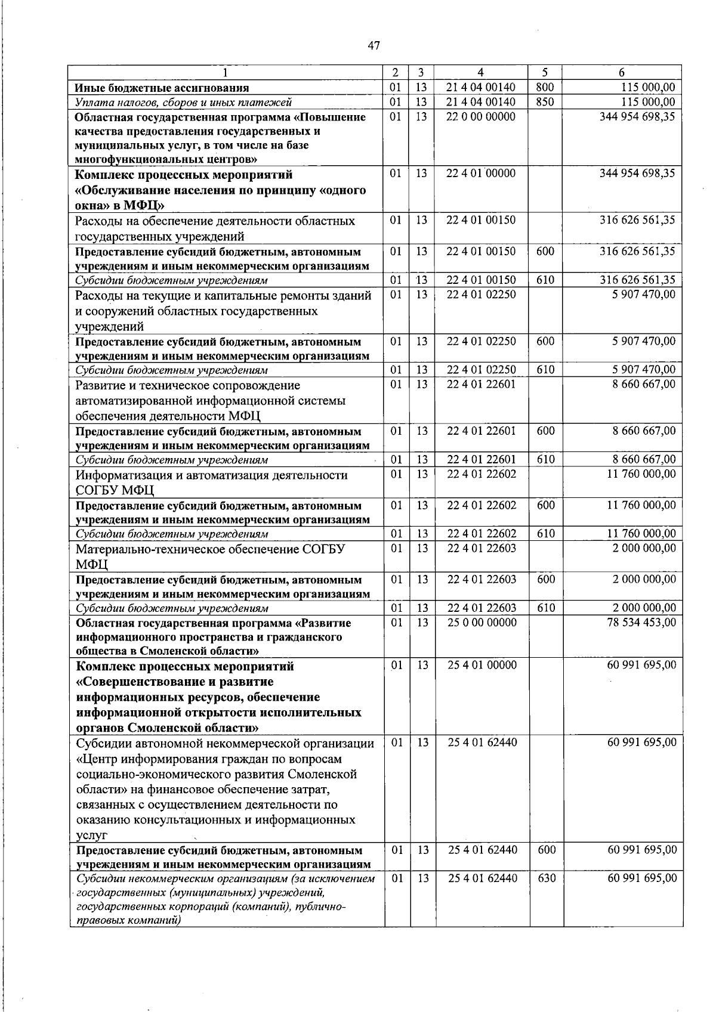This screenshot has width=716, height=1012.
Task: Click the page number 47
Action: point(374,45)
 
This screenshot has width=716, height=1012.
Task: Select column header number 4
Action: point(480,73)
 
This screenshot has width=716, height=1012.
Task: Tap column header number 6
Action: point(622,73)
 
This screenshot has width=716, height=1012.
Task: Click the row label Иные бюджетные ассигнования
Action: point(162,88)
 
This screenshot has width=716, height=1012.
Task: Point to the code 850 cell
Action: point(545,102)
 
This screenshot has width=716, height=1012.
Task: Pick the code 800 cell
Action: point(545,88)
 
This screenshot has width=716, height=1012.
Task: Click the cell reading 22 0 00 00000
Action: point(481,116)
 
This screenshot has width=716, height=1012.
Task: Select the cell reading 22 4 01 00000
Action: point(481,174)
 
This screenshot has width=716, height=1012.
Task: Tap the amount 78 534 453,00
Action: point(641,623)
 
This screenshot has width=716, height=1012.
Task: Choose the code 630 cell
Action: point(546,878)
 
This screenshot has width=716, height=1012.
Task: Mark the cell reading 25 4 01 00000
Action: point(482,665)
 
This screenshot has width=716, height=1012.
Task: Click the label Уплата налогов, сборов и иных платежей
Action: point(183,103)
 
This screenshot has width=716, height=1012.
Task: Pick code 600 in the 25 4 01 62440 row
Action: point(546,850)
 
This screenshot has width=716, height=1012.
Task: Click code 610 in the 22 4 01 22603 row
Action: point(546,608)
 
